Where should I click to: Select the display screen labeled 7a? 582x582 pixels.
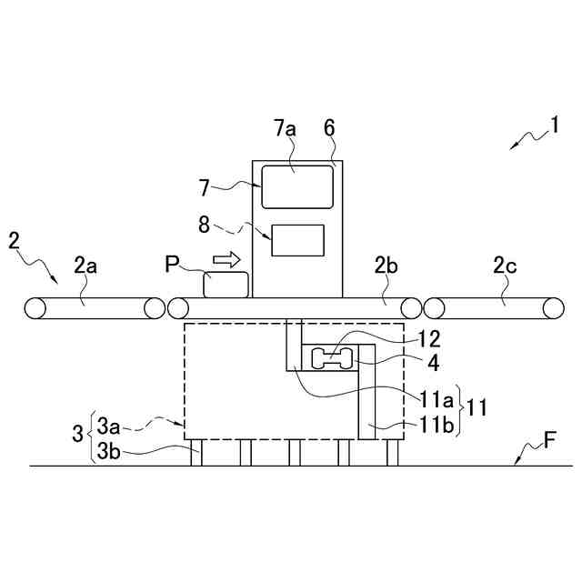(296, 186)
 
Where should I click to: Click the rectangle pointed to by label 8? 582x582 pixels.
(297, 240)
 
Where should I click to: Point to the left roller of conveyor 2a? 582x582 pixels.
(35, 307)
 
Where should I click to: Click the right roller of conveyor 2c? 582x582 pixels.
(552, 307)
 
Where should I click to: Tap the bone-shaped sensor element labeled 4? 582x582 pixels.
(332, 359)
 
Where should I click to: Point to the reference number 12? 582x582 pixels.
(428, 339)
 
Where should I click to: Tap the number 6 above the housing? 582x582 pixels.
(329, 128)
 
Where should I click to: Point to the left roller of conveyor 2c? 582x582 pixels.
(434, 307)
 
